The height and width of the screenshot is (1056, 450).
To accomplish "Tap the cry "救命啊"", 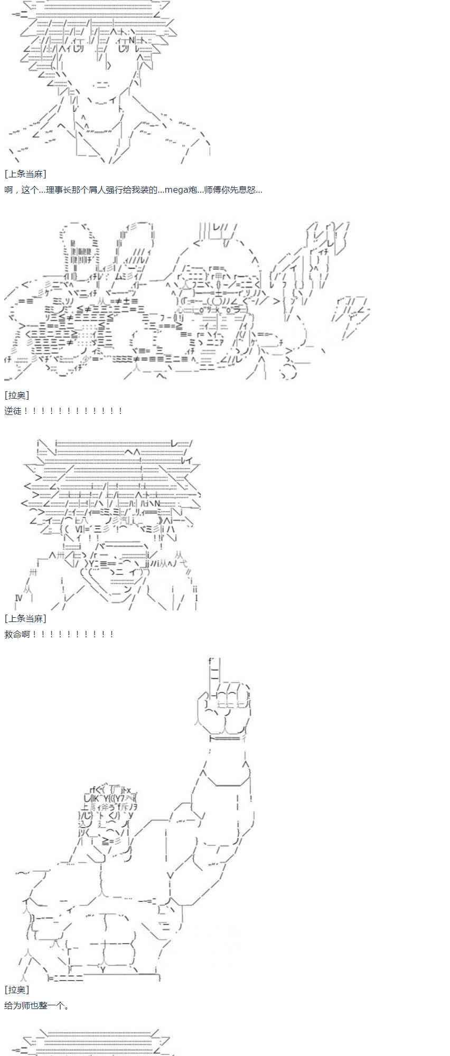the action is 18,634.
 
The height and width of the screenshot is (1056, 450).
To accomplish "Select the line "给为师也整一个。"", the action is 37,1005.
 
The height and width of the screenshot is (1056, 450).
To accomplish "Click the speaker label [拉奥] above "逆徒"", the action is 17,395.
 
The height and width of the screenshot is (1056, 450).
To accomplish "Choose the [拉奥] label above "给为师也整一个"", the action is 17,989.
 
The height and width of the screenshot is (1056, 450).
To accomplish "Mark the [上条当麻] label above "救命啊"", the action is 25,618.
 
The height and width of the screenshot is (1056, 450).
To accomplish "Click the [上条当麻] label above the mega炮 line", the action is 25,174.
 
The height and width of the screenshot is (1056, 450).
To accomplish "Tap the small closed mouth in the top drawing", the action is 102,85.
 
